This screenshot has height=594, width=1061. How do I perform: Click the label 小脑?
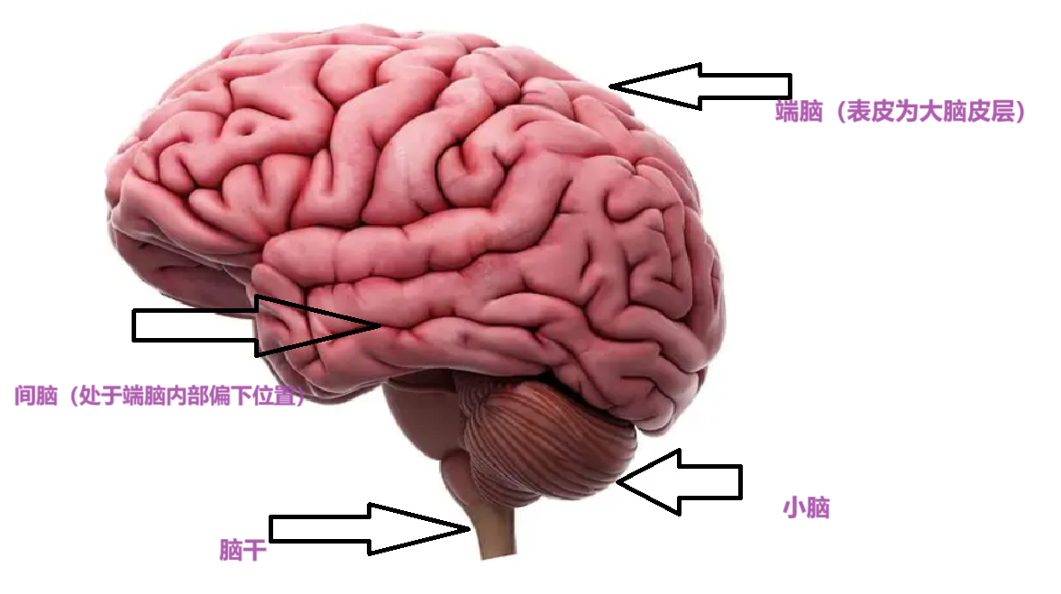pos(806,508)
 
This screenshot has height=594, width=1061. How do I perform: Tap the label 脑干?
pos(242,550)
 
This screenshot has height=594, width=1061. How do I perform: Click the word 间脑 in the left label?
pos(36,396)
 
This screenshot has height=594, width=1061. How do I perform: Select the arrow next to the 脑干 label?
pos(370,529)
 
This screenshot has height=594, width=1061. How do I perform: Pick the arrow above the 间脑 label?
pos(257,325)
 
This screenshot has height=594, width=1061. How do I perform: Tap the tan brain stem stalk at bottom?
pos(492,536)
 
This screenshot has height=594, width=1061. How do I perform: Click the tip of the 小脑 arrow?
pos(619,483)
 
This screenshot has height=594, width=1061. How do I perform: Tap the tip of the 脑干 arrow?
pos(470,528)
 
